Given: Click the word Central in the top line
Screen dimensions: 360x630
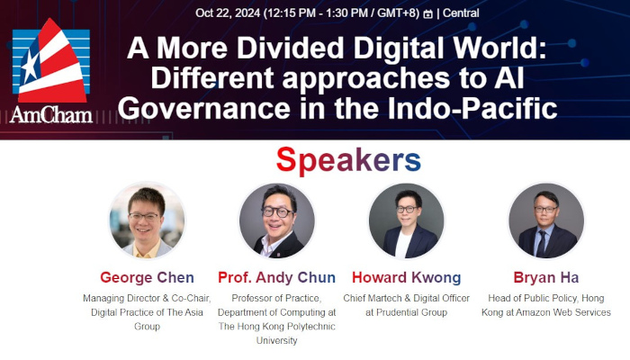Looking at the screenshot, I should tap(460, 13).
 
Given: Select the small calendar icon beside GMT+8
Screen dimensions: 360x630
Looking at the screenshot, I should tap(427, 13).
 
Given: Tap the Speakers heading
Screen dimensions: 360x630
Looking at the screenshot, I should tap(348, 160).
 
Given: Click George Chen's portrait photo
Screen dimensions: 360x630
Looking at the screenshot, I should tap(147, 220).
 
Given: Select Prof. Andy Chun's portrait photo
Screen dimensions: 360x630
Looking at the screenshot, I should tap(277, 220).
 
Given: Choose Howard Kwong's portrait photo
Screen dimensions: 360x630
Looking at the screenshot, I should tap(406, 220).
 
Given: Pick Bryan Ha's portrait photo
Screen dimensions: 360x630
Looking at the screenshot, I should tap(546, 220).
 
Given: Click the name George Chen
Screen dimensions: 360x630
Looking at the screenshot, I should tap(147, 277).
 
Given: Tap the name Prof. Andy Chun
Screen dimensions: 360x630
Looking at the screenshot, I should tap(277, 277).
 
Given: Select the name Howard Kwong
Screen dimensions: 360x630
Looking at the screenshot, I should tap(406, 277).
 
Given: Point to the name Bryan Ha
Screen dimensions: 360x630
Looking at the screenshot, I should tap(546, 277).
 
